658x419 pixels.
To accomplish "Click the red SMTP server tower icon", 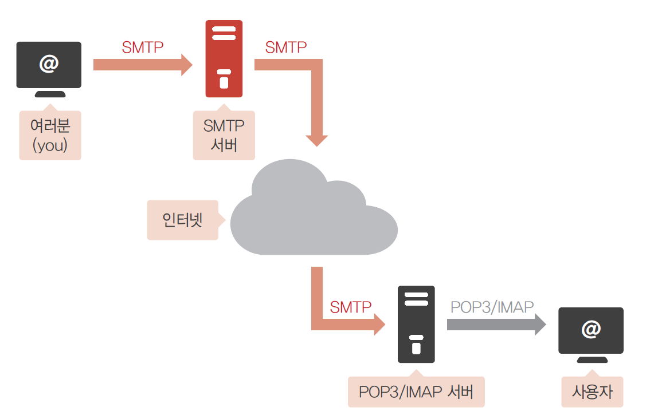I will [224, 58].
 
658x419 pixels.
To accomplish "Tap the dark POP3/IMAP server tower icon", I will [416, 324].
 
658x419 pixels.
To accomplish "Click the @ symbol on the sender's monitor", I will [49, 64].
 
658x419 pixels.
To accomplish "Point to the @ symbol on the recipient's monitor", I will [590, 329].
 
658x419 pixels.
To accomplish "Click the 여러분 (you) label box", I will [50, 135].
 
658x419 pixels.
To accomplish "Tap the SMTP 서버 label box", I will [224, 135].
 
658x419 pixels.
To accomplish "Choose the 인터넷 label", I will [182, 220].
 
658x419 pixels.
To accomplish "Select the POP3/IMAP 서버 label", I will [416, 392].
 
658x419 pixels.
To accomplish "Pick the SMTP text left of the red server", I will [143, 48].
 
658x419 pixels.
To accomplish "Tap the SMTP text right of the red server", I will [285, 48].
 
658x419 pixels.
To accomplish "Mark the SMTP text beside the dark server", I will [350, 307].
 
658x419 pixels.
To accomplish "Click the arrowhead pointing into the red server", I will [186, 65].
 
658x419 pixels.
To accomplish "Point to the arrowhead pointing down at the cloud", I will [316, 140].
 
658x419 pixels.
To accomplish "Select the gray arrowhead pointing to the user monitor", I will [539, 325].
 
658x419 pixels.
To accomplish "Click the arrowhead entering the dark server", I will [379, 325].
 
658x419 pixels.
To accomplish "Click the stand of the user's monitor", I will [591, 360].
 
